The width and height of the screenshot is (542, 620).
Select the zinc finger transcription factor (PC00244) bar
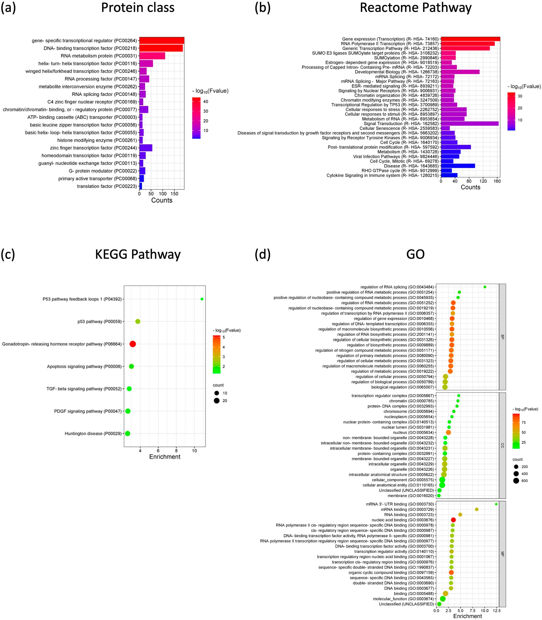[x=146, y=148]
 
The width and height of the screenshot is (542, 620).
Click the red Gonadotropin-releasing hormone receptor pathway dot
[x=132, y=344]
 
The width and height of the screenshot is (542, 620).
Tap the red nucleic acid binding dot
[x=453, y=520]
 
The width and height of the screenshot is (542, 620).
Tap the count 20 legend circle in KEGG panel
[x=217, y=401]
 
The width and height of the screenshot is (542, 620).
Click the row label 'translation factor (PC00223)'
[x=107, y=186]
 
